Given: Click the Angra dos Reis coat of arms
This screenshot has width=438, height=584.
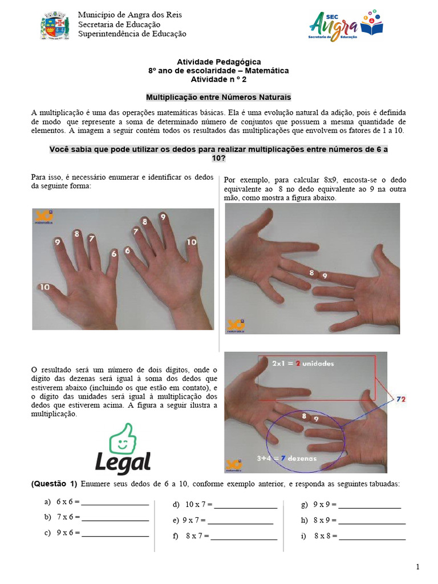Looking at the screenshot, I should pos(55,26).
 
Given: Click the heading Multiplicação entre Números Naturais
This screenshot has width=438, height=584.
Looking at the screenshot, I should pos(218,97).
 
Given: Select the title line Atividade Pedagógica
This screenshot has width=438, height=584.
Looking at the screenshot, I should pos(218,62).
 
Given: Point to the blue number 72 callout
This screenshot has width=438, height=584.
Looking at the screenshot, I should pos(401,399).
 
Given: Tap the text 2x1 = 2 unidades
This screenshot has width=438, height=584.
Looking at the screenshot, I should pos(302,363).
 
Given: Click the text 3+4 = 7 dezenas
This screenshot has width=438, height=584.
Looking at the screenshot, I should pos(286,457).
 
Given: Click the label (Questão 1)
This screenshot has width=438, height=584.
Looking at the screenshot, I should pos(54,484).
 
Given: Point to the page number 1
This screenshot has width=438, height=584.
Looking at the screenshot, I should pos(417,566).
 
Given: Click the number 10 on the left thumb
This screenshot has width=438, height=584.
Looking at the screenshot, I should pos(44,286).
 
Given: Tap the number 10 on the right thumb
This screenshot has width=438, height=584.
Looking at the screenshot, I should pos(192,242).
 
